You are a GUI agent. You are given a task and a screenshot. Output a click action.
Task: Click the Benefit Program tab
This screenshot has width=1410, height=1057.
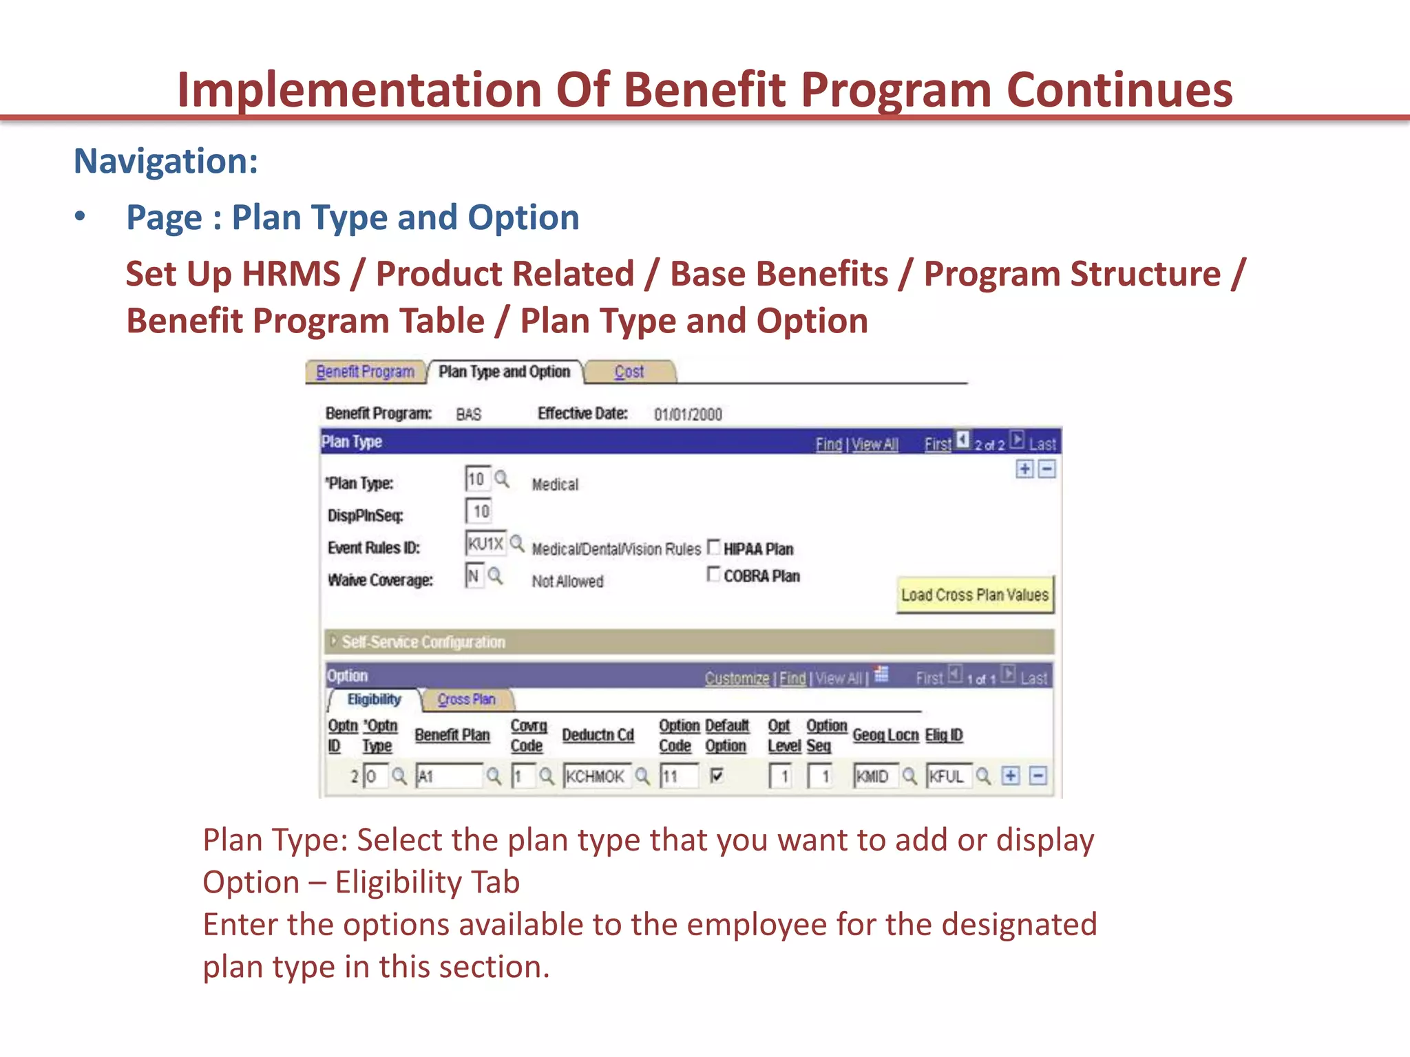coord(364,372)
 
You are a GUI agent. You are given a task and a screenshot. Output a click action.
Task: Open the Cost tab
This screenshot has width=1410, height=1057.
coord(629,372)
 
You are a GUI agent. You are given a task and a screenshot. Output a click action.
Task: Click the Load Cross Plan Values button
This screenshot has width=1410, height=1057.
coord(974,595)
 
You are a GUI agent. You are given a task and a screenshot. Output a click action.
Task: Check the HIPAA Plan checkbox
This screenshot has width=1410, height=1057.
coord(714,548)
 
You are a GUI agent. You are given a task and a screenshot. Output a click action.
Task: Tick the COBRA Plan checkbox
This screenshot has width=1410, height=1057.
coord(714,575)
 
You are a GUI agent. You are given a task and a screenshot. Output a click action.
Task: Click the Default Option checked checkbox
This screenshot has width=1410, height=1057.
coord(717,776)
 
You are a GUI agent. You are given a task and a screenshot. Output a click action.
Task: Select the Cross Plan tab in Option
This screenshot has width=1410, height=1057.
coord(466,700)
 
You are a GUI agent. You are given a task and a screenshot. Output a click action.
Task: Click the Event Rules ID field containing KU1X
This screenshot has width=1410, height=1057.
coord(485,544)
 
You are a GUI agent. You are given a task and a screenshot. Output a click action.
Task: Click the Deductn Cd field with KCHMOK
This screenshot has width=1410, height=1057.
coord(596,777)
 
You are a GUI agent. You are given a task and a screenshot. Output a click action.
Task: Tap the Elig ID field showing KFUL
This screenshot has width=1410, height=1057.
coord(947,777)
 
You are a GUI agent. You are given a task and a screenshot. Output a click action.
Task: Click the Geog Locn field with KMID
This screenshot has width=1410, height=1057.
coord(874,777)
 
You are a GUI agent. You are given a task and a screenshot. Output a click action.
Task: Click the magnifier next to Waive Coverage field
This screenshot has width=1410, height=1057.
coord(496,575)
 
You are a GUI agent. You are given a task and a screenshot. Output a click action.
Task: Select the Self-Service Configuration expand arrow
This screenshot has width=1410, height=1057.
coord(333,641)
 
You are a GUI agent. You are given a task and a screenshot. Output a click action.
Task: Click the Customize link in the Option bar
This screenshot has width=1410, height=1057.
coord(737,679)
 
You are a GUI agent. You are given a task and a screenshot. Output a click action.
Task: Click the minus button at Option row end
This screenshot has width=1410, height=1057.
coord(1038,776)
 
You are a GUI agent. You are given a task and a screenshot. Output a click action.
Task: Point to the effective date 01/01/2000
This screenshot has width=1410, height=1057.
coord(687,414)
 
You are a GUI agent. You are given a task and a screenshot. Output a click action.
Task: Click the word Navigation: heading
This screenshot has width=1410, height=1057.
coord(166,162)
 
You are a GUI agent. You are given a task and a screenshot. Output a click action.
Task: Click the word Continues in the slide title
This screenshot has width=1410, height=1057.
coord(1119,90)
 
